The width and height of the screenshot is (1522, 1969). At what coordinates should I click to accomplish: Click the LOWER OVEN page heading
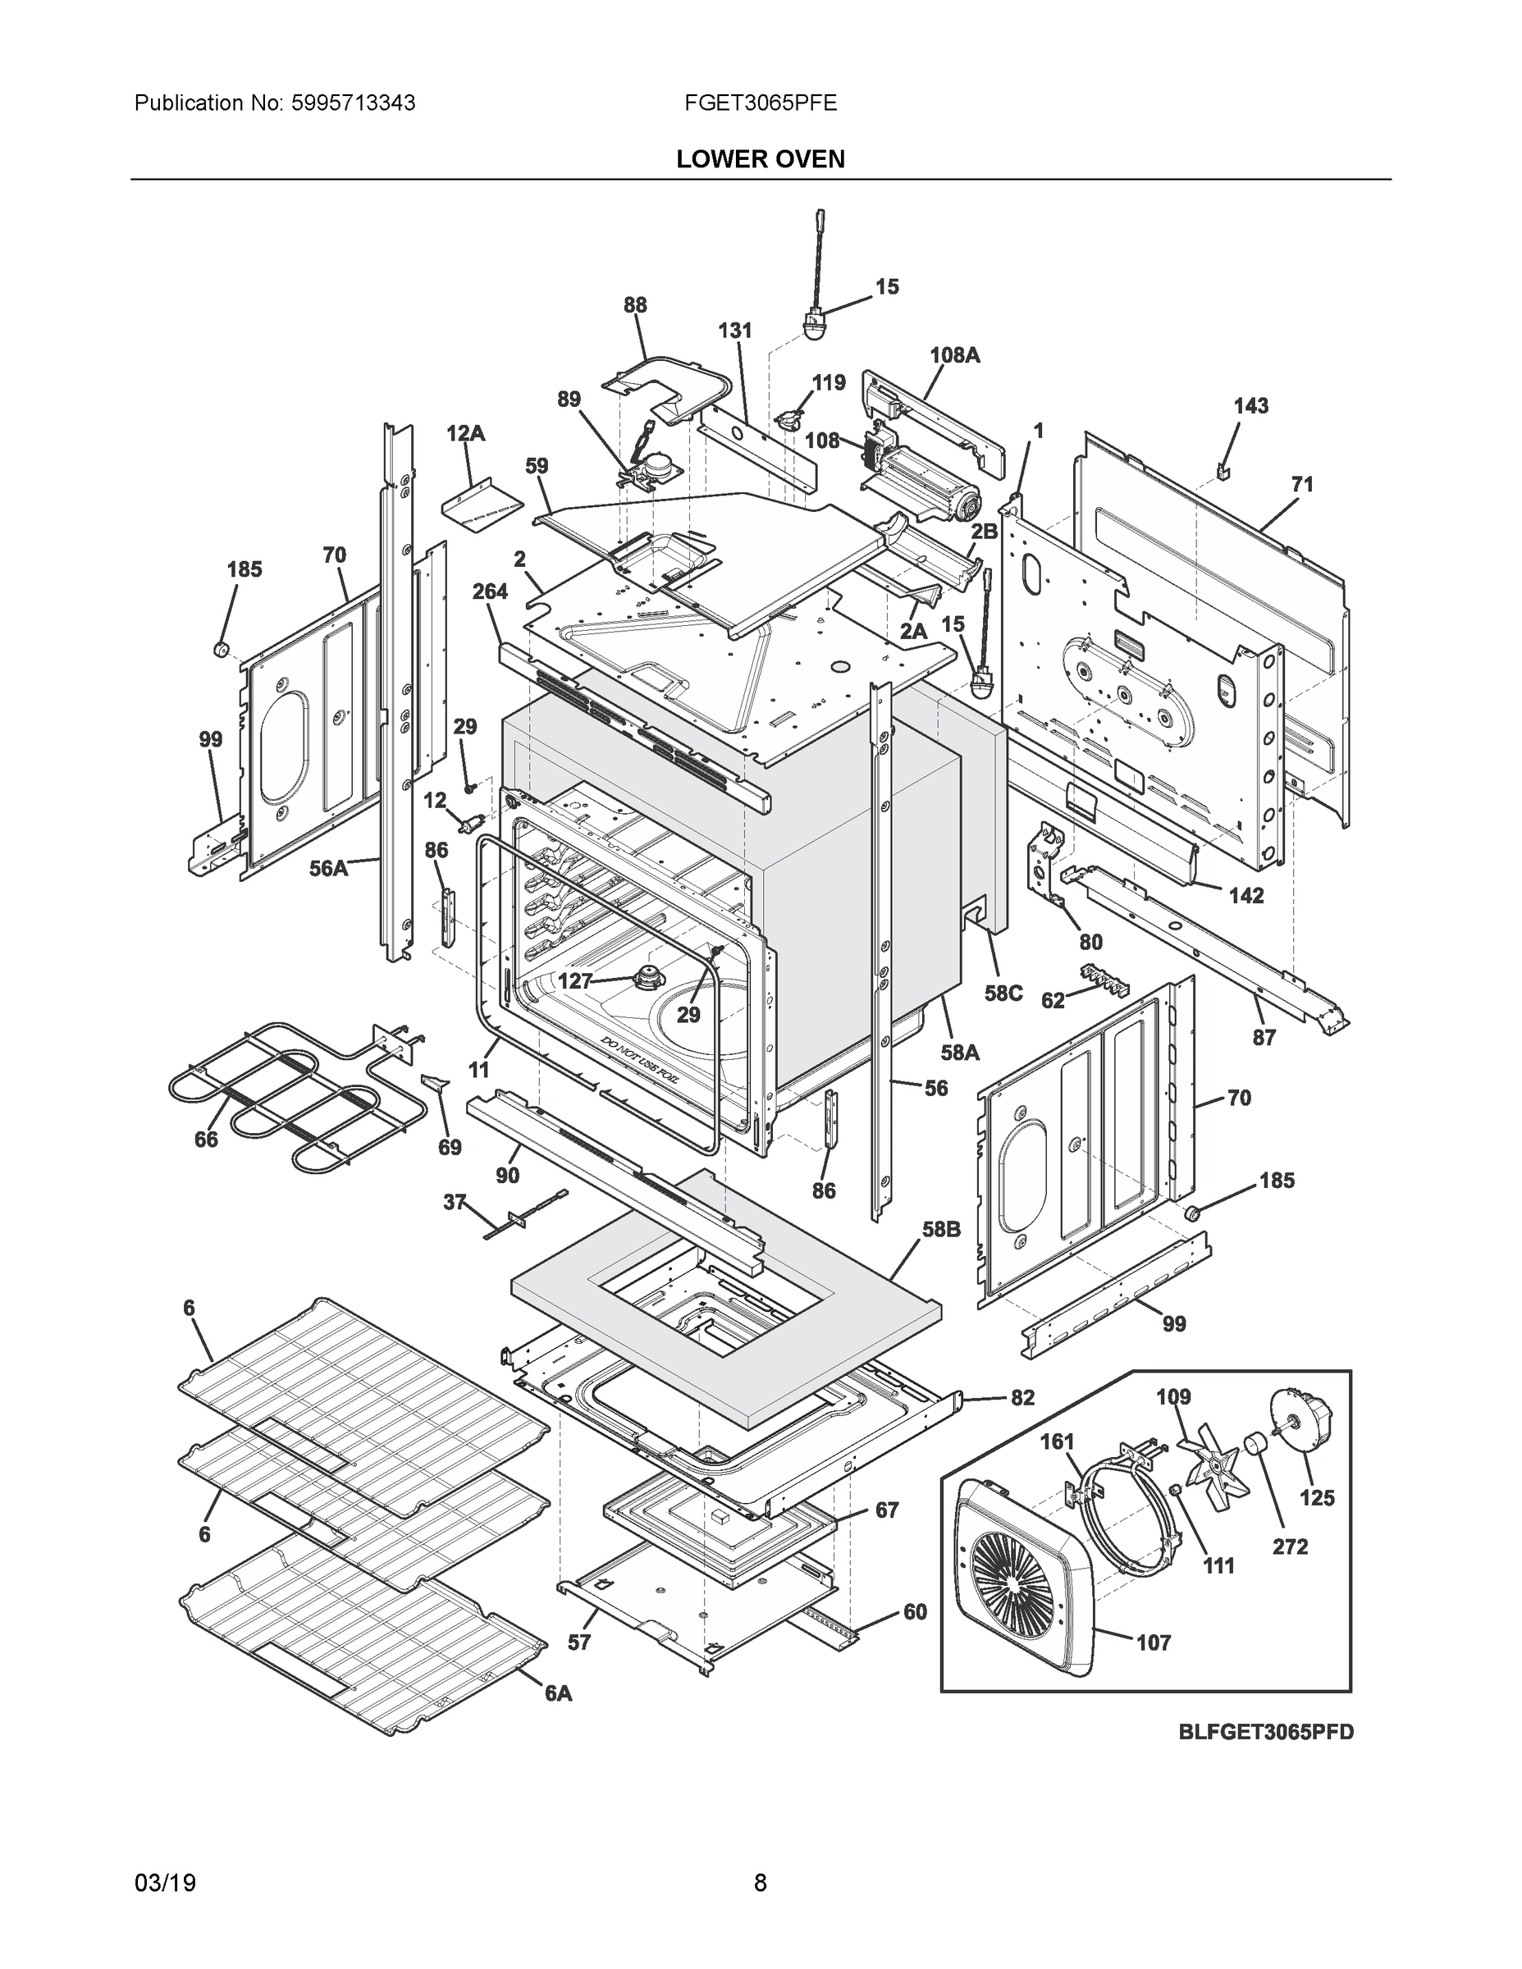pos(760,160)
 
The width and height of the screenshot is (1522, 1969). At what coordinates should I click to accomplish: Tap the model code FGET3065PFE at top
pos(760,103)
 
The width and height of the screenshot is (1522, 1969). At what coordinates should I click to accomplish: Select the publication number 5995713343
pos(353,103)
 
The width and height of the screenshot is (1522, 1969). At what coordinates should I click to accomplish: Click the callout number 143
pos(1250,407)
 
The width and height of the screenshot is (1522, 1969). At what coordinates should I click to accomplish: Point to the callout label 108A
pos(954,355)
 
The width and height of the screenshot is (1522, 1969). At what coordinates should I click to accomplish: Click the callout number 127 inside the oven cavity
pos(574,981)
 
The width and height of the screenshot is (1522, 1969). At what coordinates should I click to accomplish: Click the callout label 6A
pos(558,1693)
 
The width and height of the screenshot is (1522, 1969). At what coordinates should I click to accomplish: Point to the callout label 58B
pos(940,1230)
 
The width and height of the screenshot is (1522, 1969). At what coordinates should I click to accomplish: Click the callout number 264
pos(490,592)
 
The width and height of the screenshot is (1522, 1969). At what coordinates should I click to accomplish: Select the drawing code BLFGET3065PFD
pos(1266,1732)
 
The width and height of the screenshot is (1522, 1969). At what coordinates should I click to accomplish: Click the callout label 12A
pos(465,434)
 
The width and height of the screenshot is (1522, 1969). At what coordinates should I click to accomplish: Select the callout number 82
pos(1022,1397)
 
